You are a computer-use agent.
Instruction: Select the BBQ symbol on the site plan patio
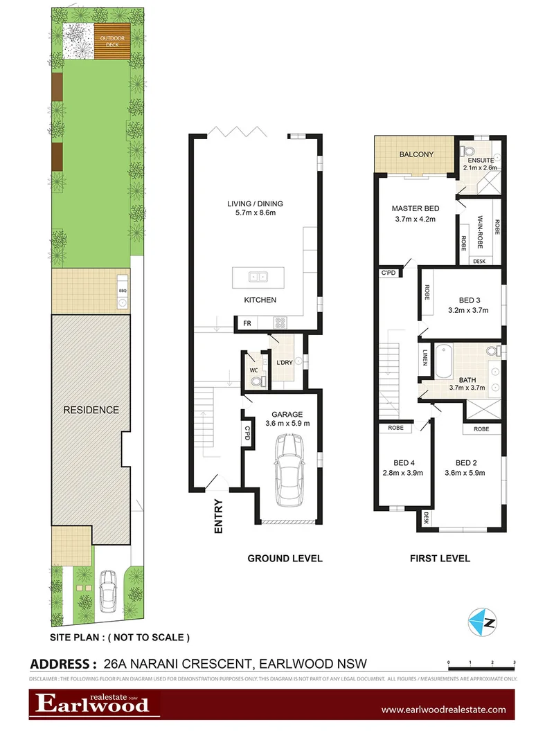tap(123, 291)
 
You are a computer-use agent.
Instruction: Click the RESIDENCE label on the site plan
tap(91, 410)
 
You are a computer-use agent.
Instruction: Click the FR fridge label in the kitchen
tap(246, 323)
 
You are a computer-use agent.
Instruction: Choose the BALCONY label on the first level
tap(416, 154)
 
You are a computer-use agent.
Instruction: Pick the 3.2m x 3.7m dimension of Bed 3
tap(469, 310)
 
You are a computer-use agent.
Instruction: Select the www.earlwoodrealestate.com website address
tap(443, 710)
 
